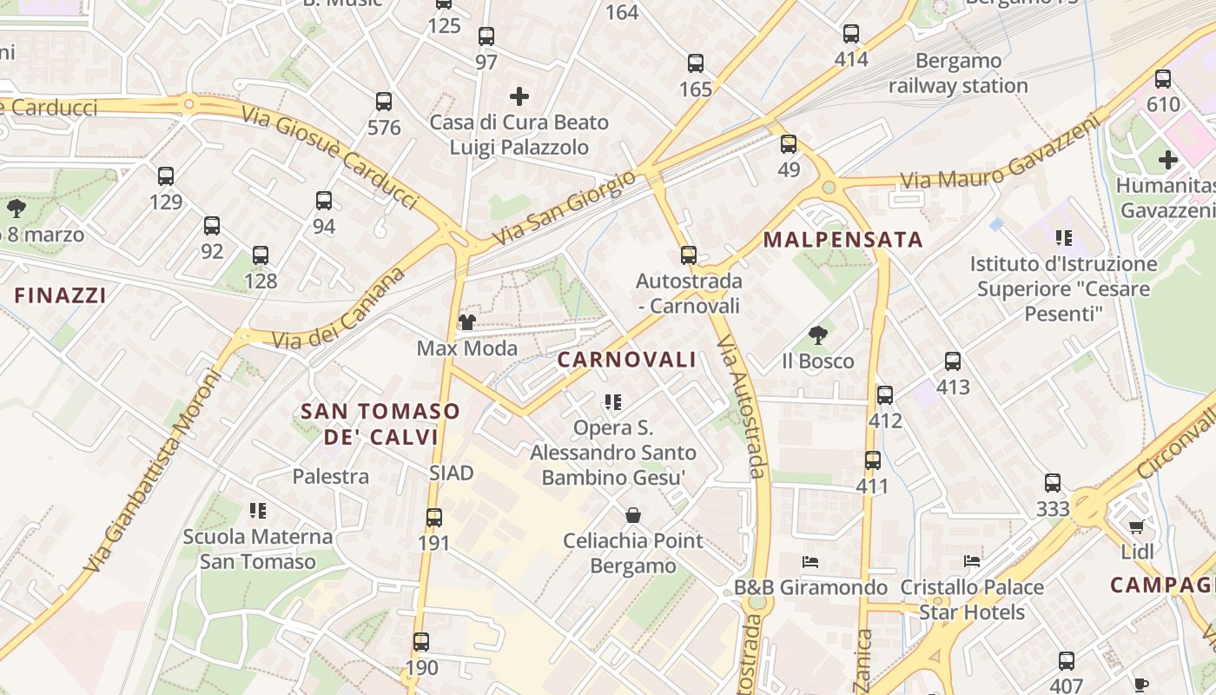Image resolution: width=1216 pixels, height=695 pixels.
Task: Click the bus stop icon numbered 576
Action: pyautogui.click(x=384, y=102)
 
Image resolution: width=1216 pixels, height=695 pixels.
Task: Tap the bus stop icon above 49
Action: pyautogui.click(x=789, y=143)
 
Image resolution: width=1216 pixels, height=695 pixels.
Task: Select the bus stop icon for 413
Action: pyautogui.click(x=953, y=361)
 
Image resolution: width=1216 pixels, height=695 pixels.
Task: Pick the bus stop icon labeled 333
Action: pyautogui.click(x=1053, y=483)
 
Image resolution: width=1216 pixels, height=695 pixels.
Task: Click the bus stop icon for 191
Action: pyautogui.click(x=434, y=518)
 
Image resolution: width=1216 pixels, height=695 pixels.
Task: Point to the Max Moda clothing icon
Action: pyautogui.click(x=467, y=323)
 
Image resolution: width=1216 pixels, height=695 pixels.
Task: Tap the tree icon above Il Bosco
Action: pyautogui.click(x=817, y=335)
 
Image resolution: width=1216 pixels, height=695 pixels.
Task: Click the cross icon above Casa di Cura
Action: pyautogui.click(x=519, y=96)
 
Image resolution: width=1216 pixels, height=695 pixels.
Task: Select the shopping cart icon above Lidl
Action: pyautogui.click(x=1136, y=526)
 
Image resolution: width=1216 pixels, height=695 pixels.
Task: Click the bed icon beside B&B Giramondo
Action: pyautogui.click(x=810, y=562)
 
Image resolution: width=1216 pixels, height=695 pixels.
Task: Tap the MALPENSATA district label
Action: pyautogui.click(x=843, y=240)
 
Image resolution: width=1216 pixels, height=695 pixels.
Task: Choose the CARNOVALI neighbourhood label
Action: pyautogui.click(x=626, y=360)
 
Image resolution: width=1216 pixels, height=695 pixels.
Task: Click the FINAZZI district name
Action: pyautogui.click(x=61, y=295)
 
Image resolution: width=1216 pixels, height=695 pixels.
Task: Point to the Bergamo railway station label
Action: pyautogui.click(x=958, y=73)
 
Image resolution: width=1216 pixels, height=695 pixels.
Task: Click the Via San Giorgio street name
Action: pyautogui.click(x=565, y=208)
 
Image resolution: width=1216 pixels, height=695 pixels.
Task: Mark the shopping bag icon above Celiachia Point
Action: pyautogui.click(x=633, y=515)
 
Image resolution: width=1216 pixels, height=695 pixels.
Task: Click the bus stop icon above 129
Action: pyautogui.click(x=166, y=176)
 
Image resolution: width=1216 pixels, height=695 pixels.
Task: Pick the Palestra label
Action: pyautogui.click(x=330, y=476)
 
